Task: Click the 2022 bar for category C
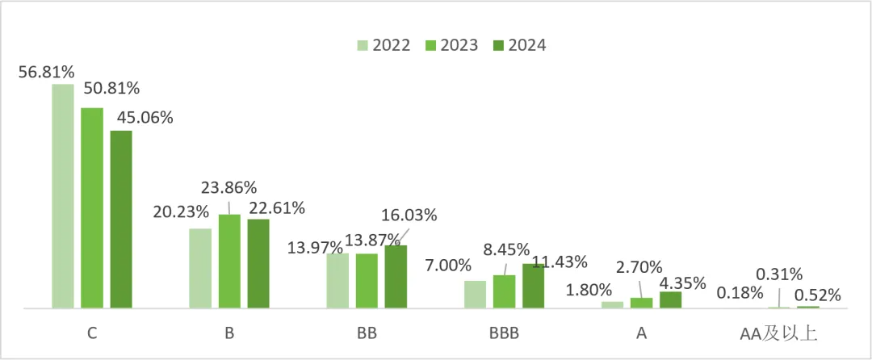click(63, 196)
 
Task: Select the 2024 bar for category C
click(121, 219)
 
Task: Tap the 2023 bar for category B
click(229, 261)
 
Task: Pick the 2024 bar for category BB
click(396, 276)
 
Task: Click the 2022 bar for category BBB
click(476, 294)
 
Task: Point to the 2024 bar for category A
click(670, 299)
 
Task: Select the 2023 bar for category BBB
click(504, 291)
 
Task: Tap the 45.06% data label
click(145, 118)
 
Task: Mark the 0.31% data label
click(778, 274)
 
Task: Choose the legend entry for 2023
click(450, 45)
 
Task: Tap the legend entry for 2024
click(518, 45)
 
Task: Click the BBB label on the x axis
click(504, 333)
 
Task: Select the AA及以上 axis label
click(778, 333)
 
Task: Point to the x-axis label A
click(642, 333)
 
